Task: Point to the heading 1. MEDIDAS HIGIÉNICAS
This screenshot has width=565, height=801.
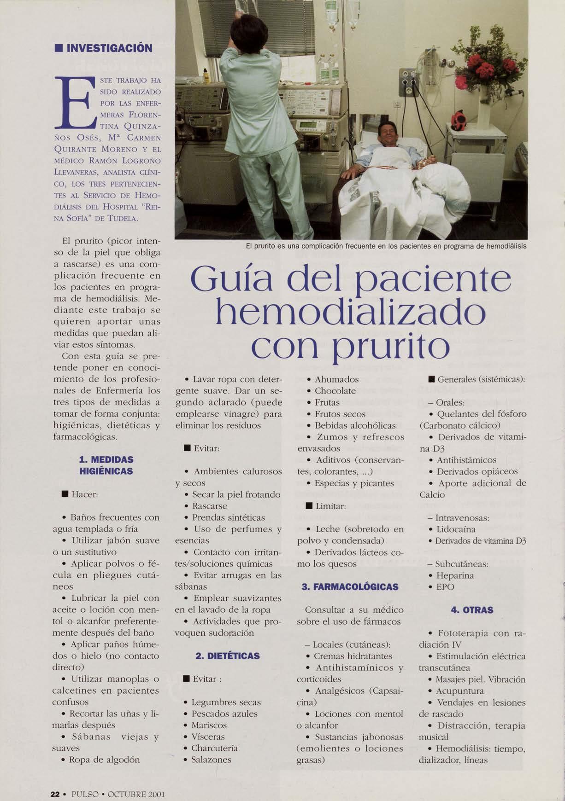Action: pos(106,465)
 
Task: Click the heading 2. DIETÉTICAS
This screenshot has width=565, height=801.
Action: pos(227,656)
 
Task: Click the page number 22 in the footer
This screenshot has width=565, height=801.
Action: pos(55,794)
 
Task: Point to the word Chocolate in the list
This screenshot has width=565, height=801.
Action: pos(335,391)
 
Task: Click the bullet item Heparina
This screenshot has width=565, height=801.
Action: pos(455,575)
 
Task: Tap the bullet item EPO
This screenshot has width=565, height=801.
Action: pos(445,587)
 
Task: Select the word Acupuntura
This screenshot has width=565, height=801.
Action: pos(459,691)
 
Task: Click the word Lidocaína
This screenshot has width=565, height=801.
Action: pos(456,529)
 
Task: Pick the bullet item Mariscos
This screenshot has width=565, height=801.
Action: pos(209,725)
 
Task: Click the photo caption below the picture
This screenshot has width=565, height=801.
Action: pos(386,246)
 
